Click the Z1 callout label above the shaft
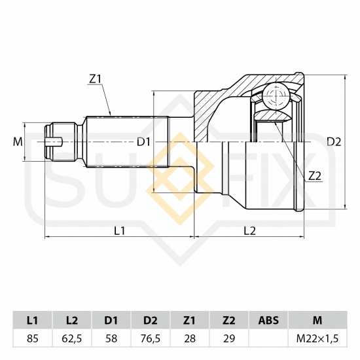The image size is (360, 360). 95,79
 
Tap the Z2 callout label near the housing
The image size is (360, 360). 314,176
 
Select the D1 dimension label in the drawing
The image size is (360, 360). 143,142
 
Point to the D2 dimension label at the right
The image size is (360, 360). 334,142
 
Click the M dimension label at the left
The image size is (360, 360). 18,141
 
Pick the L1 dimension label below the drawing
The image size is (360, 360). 119,231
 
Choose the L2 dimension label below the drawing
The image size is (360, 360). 249,231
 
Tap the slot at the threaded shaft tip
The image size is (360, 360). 54,141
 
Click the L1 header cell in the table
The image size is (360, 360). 32,320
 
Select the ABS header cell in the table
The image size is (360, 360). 268,320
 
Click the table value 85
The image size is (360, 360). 32,338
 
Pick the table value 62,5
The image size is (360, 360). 72,338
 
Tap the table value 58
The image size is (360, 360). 111,338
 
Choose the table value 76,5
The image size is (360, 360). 151,338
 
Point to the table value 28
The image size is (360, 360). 190,338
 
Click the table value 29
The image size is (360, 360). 229,338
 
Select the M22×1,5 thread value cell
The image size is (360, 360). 317,338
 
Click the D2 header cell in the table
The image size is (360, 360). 151,320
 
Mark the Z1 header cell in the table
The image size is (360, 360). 190,320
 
